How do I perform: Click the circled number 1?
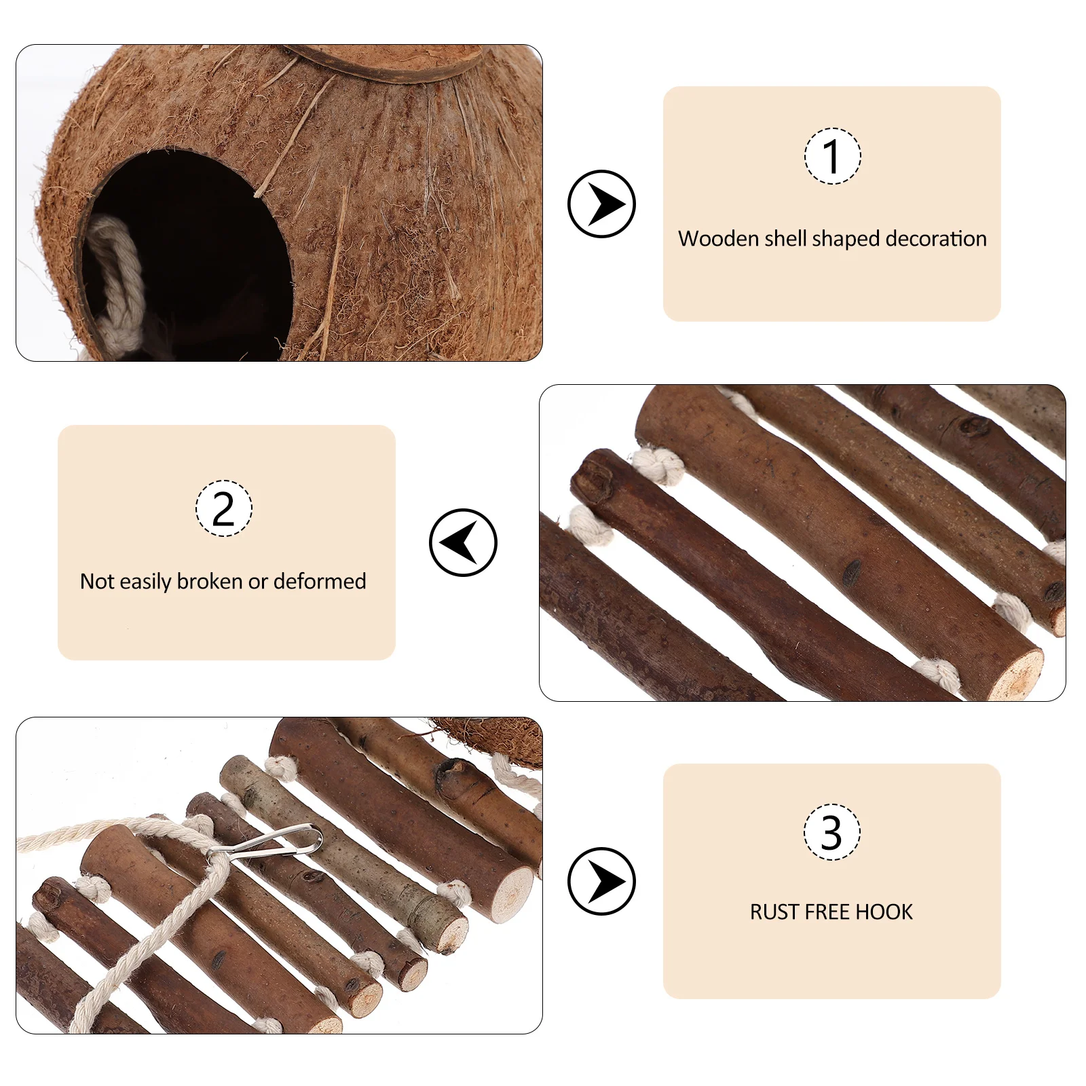pos(832,156)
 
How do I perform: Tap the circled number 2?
pos(223,508)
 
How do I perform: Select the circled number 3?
pos(831,832)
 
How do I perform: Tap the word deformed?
pos(320,582)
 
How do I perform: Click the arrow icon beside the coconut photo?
pos(601,204)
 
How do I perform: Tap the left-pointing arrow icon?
pos(463,542)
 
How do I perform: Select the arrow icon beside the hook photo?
pos(601,881)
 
